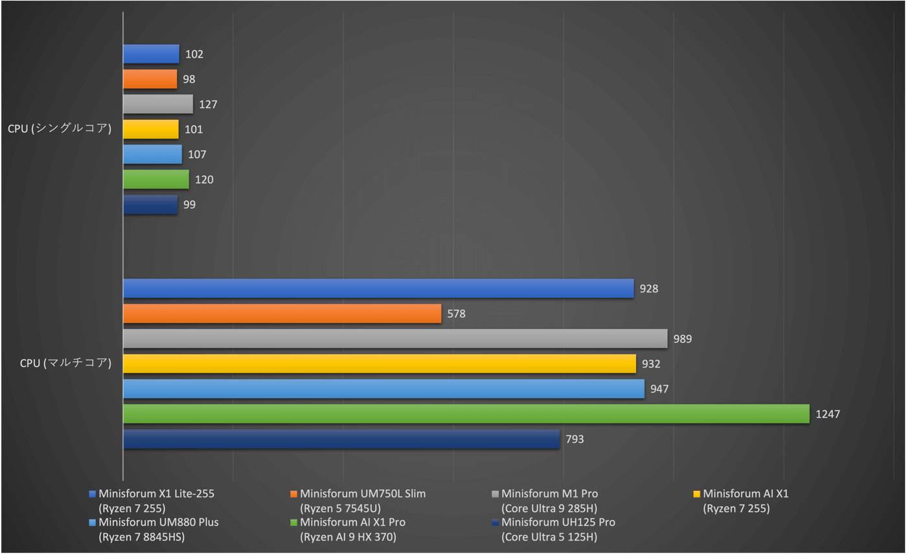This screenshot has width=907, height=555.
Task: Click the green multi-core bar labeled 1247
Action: pyautogui.click(x=466, y=414)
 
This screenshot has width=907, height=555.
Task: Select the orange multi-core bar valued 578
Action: pyautogui.click(x=282, y=313)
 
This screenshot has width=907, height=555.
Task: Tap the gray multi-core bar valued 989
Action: pyautogui.click(x=395, y=339)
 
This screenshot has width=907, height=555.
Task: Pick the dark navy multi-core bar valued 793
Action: pyautogui.click(x=341, y=439)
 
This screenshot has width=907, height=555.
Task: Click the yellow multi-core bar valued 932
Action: pyautogui.click(x=379, y=364)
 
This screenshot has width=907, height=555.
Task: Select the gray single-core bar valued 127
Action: pyautogui.click(x=157, y=104)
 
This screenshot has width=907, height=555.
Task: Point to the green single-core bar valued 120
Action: pyautogui.click(x=155, y=179)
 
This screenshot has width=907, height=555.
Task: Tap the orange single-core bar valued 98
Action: pyautogui.click(x=150, y=79)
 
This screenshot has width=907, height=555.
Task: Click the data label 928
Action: pyautogui.click(x=649, y=289)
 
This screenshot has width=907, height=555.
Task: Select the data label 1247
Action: pyautogui.click(x=828, y=414)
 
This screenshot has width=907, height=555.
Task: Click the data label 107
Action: pyautogui.click(x=197, y=155)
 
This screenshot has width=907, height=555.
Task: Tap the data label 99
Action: pyautogui.click(x=189, y=205)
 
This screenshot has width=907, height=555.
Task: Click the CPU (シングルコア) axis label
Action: pyautogui.click(x=60, y=129)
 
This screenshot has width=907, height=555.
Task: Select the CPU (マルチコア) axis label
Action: pyautogui.click(x=65, y=363)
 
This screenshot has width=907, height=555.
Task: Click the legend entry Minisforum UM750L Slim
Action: pyautogui.click(x=362, y=494)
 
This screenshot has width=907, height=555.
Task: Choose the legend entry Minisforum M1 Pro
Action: pyautogui.click(x=549, y=494)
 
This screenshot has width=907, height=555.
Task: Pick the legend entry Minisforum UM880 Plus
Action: pyautogui.click(x=158, y=523)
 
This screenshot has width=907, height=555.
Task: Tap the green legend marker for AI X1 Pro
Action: pyautogui.click(x=294, y=523)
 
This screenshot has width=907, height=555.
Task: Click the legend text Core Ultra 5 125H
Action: pyautogui.click(x=549, y=537)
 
